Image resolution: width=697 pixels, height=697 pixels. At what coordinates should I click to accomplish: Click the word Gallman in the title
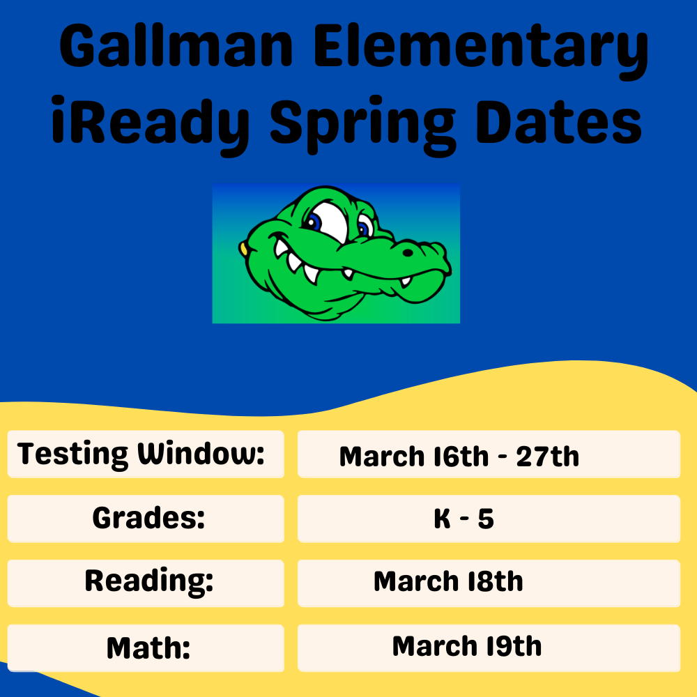[178, 50]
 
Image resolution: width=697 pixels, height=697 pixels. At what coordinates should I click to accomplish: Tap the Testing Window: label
[141, 454]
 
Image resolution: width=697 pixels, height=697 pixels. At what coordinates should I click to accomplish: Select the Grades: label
[148, 519]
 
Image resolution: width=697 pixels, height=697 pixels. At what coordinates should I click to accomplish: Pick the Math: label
[148, 648]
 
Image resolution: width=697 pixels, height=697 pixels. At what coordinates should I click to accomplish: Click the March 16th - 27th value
[459, 457]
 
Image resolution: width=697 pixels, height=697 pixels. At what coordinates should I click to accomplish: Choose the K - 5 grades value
[464, 519]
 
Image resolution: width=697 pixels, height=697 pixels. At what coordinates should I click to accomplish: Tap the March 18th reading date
[448, 581]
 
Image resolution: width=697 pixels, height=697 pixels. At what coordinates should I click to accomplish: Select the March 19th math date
[466, 646]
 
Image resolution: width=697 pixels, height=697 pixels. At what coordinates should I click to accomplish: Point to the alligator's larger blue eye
[316, 222]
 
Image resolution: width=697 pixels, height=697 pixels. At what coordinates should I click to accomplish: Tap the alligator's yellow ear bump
[243, 247]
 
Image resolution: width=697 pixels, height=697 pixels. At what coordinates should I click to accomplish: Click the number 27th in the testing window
[547, 457]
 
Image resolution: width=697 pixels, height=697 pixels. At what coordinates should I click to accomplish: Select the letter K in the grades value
[442, 519]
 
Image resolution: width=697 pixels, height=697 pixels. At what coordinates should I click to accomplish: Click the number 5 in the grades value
[486, 519]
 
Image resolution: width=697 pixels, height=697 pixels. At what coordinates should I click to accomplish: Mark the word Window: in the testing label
[201, 454]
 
